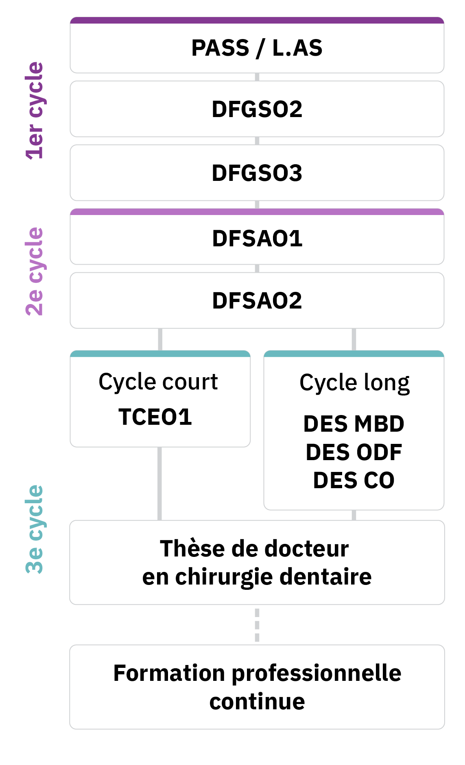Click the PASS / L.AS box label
257,48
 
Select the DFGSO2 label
257,109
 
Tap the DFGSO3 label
257,173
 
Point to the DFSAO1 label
257,239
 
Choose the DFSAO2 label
257,301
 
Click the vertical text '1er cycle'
35,111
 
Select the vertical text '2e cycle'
35,271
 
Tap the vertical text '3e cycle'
35,529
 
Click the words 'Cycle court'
158,382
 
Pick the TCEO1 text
155,417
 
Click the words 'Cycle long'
354,383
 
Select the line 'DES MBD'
354,424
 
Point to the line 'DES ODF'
354,452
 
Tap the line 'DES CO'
354,480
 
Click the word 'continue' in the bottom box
257,702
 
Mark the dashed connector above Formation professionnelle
257,625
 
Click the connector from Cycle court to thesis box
159,484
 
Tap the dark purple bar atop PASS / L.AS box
257,20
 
